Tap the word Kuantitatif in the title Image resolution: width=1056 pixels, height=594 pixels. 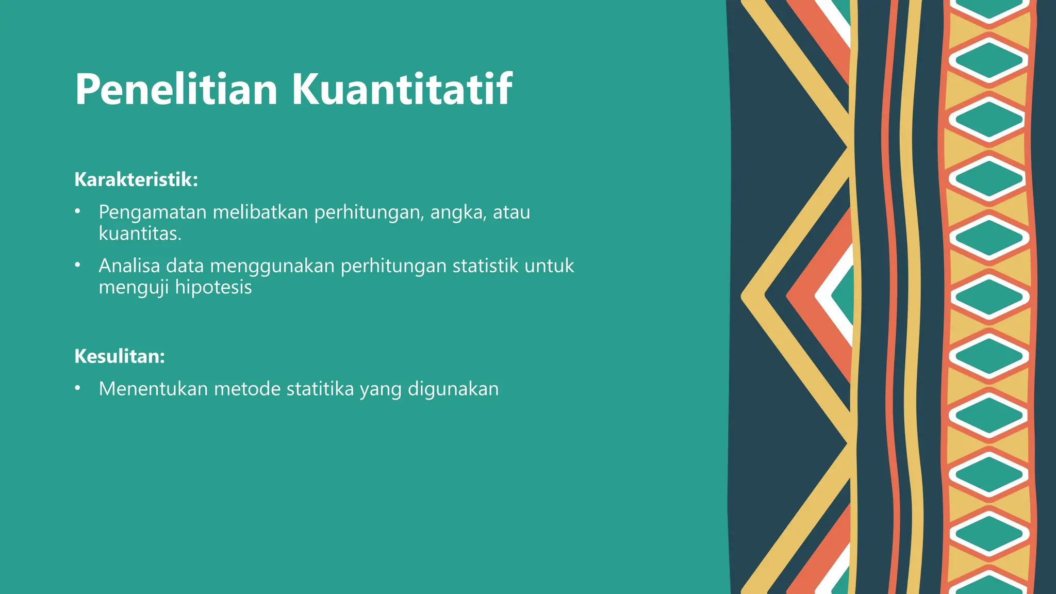point(402,90)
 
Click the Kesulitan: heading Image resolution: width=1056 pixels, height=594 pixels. point(120,356)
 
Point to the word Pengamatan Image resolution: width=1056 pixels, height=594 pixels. point(153,212)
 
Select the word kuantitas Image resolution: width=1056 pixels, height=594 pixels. point(139,234)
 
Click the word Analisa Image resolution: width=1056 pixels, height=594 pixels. point(129,266)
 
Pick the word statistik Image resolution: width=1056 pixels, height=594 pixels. point(485,266)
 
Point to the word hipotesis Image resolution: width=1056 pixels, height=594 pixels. point(213,287)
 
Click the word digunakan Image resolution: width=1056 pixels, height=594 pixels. point(453,389)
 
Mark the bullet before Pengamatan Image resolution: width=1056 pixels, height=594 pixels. point(77,211)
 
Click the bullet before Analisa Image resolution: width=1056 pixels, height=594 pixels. point(77,265)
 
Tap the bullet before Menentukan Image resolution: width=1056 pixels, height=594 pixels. point(77,388)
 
